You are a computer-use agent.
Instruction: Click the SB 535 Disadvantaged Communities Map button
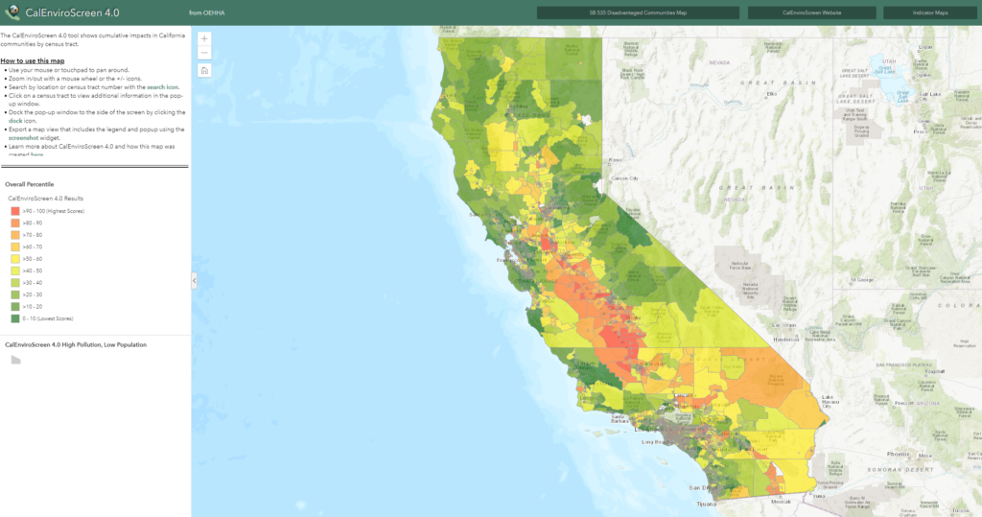[638, 12]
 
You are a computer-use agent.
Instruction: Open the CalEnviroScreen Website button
[811, 12]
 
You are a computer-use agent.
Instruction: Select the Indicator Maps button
[929, 12]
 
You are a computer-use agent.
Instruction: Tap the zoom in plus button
[204, 38]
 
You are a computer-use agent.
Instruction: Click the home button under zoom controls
[204, 70]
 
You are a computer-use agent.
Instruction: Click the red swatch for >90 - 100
[15, 210]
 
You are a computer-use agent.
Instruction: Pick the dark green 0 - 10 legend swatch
[15, 317]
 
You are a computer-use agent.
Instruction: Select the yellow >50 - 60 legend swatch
[15, 258]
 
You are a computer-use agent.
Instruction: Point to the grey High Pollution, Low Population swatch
[15, 360]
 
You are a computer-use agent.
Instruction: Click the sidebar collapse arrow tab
[195, 280]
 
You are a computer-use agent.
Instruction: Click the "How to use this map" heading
[33, 60]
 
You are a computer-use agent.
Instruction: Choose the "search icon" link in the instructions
[163, 86]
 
